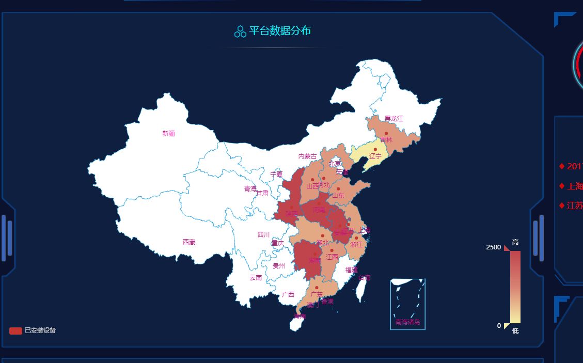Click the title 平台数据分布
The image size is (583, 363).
pyautogui.click(x=280, y=31)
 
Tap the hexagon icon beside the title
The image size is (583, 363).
pyautogui.click(x=240, y=31)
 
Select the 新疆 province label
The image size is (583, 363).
pyautogui.click(x=168, y=134)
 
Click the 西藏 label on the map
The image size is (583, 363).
pyautogui.click(x=189, y=242)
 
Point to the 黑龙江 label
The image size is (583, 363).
pyautogui.click(x=394, y=119)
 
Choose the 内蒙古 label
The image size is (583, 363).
pyautogui.click(x=307, y=156)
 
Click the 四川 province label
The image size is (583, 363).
pyautogui.click(x=263, y=235)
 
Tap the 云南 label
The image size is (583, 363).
pyautogui.click(x=256, y=278)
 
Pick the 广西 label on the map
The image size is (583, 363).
pyautogui.click(x=288, y=295)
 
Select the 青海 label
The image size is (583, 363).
pyautogui.click(x=250, y=188)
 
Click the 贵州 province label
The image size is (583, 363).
pyautogui.click(x=279, y=266)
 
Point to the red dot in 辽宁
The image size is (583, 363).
pyautogui.click(x=375, y=149)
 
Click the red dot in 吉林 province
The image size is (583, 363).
pyautogui.click(x=386, y=134)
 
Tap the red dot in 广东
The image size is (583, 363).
pyautogui.click(x=317, y=288)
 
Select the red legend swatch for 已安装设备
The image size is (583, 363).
pyautogui.click(x=15, y=330)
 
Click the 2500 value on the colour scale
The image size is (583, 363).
pyautogui.click(x=493, y=247)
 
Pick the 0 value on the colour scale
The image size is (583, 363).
pyautogui.click(x=499, y=326)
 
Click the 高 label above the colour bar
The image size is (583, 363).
pyautogui.click(x=515, y=242)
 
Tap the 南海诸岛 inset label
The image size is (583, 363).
pyautogui.click(x=408, y=322)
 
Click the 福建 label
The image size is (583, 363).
pyautogui.click(x=351, y=270)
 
